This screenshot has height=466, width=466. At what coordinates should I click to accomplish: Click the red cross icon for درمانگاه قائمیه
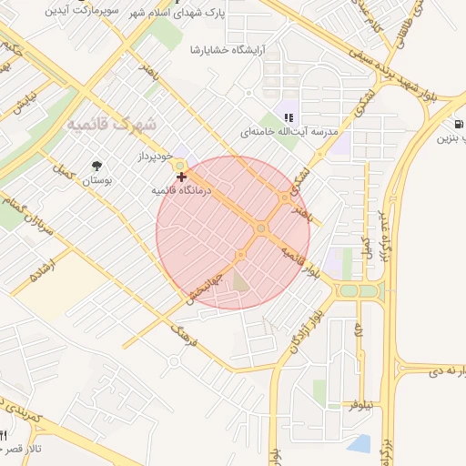pyautogui.click(x=183, y=176)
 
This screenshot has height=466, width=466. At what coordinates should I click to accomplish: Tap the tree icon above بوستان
pyautogui.click(x=96, y=165)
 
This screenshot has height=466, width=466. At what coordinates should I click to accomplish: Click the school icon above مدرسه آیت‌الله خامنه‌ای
pyautogui.click(x=289, y=116)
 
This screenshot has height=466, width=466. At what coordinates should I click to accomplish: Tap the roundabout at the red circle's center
pyautogui.click(x=260, y=228)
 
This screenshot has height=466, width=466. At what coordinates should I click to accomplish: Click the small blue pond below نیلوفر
pyautogui.click(x=360, y=443)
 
